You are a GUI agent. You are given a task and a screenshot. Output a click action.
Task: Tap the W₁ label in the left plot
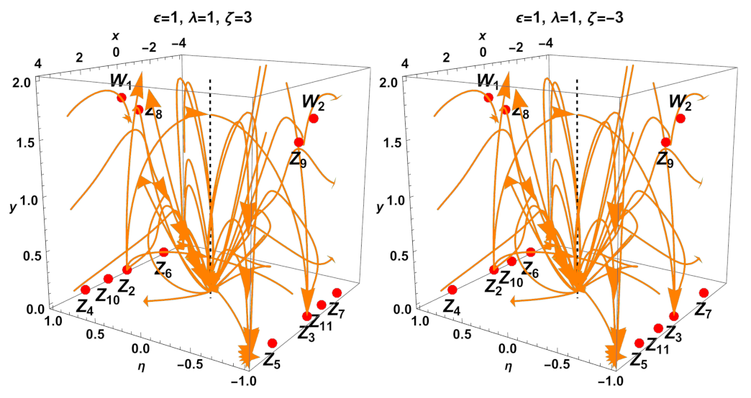point(120,80)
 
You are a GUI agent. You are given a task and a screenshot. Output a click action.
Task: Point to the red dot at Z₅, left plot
point(272,343)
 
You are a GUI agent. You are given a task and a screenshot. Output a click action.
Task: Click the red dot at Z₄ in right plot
point(452,290)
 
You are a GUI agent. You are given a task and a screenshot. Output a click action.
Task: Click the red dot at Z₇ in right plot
point(704,292)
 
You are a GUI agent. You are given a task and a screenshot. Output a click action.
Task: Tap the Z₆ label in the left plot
point(163,269)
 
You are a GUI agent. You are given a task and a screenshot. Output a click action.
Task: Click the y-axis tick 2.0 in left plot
point(19,83)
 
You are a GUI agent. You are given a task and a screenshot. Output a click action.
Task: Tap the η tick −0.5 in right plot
point(568,364)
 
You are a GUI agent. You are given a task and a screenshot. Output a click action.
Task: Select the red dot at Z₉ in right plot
point(666,142)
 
